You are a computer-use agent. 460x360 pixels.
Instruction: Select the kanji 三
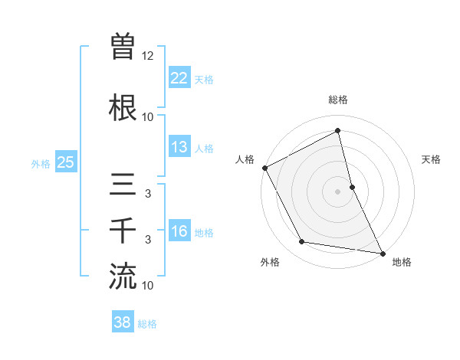(123, 185)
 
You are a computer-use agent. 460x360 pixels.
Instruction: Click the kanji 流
(123, 275)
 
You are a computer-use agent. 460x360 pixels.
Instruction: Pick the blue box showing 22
(179, 78)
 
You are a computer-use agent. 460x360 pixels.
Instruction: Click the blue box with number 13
(179, 147)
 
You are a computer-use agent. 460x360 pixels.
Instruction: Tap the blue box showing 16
(179, 231)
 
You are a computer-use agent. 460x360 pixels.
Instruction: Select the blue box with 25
(65, 162)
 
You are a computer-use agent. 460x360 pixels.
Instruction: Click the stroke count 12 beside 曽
(148, 56)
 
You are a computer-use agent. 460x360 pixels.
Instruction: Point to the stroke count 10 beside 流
(148, 286)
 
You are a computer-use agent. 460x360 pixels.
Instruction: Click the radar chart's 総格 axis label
(338, 100)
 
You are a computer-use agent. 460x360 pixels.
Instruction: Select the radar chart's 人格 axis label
(245, 159)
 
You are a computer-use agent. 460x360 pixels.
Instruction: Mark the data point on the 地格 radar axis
(382, 253)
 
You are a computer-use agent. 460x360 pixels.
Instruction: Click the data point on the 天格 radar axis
(352, 186)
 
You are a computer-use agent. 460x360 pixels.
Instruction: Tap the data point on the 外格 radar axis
(301, 242)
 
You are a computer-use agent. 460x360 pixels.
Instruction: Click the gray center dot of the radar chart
(338, 191)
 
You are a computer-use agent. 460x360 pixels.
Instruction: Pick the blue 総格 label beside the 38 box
(147, 324)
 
